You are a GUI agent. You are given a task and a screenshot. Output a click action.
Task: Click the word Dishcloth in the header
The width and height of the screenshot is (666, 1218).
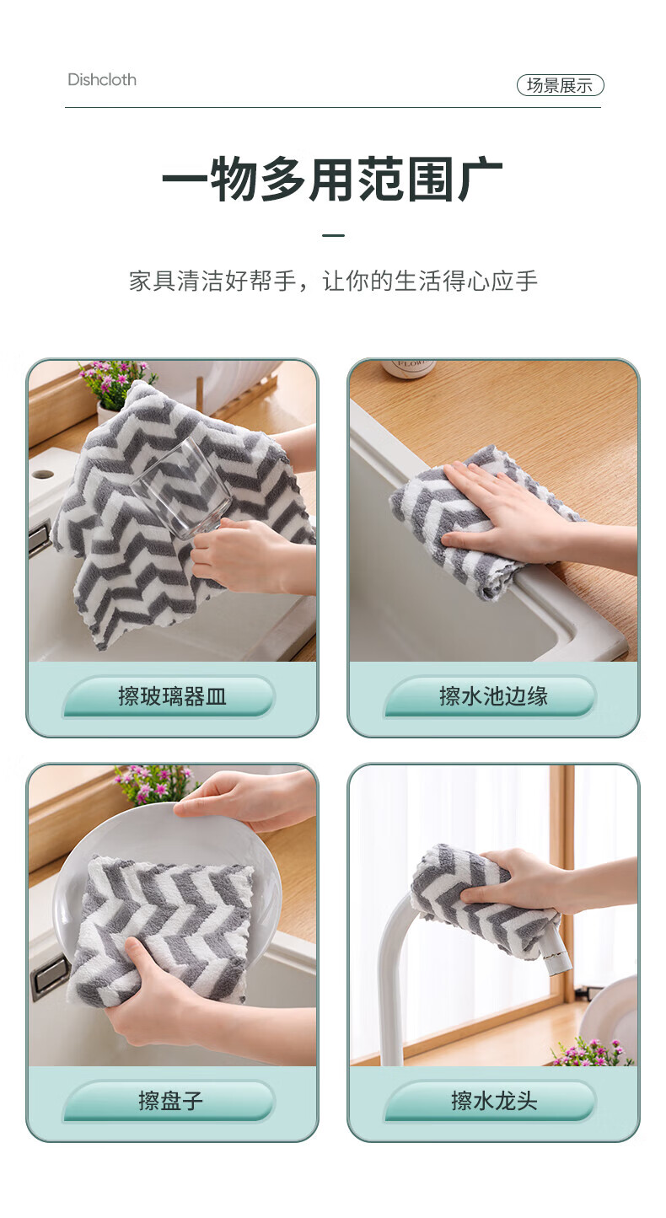tap(102, 80)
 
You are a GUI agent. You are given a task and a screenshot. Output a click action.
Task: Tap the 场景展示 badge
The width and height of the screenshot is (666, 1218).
tap(560, 85)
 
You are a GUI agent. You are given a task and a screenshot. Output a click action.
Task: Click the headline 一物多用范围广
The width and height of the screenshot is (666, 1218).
tap(332, 179)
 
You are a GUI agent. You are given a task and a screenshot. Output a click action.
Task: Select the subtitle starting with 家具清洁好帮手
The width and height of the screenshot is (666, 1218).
tap(333, 282)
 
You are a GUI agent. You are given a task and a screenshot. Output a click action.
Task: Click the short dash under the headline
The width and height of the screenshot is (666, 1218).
tap(333, 235)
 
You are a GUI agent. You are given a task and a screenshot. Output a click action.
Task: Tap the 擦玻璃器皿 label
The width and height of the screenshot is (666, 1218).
tap(172, 696)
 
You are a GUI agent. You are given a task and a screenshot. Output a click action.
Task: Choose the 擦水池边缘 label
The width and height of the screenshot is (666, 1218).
tap(493, 696)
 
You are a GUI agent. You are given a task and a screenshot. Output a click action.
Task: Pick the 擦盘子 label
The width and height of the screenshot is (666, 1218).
tap(171, 1101)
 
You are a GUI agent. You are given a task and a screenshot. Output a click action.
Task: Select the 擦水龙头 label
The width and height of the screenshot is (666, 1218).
tap(494, 1101)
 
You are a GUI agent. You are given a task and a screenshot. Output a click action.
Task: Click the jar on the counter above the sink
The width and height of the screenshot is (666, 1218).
tap(409, 367)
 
